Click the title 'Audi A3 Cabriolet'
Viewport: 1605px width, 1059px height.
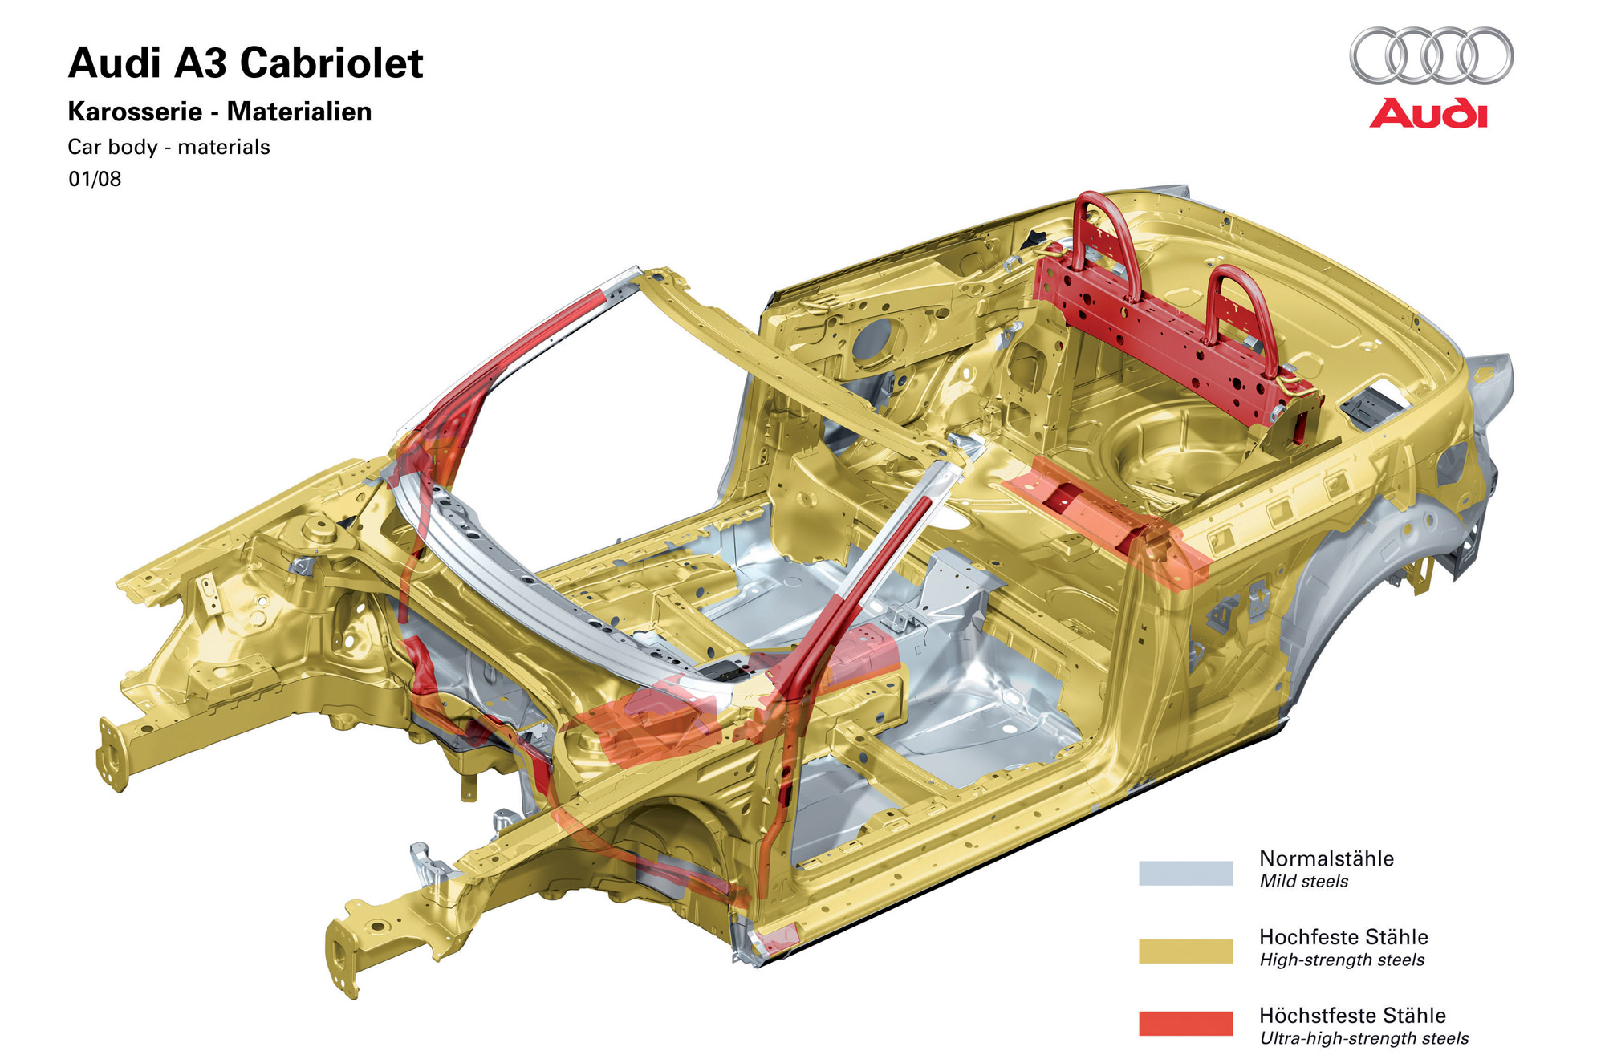(246, 63)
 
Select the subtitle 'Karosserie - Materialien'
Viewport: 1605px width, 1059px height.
(220, 112)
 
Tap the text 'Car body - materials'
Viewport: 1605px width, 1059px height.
(169, 147)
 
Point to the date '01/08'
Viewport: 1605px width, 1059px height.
(95, 179)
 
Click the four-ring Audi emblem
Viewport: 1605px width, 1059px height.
(1431, 55)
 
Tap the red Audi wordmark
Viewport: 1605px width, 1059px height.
(1428, 113)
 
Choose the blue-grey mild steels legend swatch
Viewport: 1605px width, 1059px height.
(1185, 873)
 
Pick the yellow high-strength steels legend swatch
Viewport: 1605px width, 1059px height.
(1185, 951)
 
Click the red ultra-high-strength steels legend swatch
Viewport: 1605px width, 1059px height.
(1185, 1023)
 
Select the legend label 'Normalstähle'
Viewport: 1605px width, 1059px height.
(1327, 858)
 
